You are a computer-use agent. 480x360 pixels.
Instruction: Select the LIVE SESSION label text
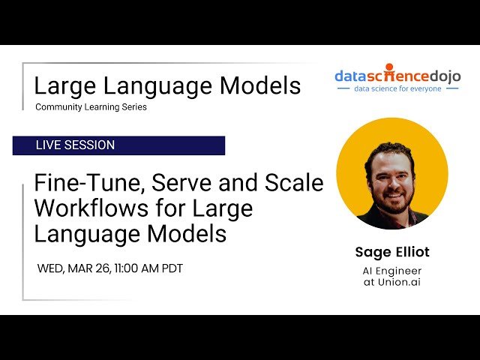point(75,145)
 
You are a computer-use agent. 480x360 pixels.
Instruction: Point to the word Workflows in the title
point(91,208)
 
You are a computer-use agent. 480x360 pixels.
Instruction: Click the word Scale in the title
point(294,182)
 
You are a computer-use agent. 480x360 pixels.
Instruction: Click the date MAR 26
point(88,268)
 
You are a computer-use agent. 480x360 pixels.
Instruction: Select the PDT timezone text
point(172,268)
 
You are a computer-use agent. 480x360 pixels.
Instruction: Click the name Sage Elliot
point(392,252)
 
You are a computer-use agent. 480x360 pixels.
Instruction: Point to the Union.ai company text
point(399,282)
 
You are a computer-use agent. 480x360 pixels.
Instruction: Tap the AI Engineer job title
point(392,271)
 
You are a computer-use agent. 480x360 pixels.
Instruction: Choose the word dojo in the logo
point(445,76)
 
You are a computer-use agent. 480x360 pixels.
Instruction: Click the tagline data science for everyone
point(397,88)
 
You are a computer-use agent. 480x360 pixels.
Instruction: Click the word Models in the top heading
point(260,85)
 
